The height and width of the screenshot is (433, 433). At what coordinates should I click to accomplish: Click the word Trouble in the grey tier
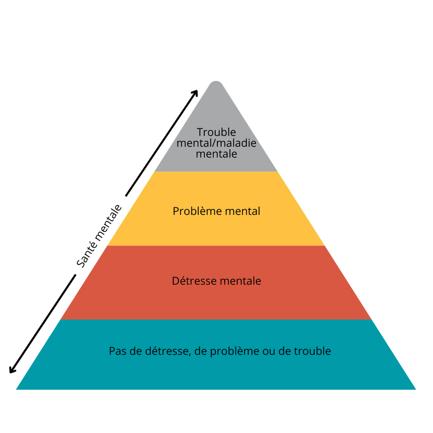pyautogui.click(x=216, y=132)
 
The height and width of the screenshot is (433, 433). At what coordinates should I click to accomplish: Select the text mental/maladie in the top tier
pyautogui.click(x=216, y=143)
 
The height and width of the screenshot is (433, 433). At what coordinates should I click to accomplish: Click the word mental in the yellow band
pyautogui.click(x=242, y=211)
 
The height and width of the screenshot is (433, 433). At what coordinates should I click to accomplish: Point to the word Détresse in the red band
pyautogui.click(x=194, y=281)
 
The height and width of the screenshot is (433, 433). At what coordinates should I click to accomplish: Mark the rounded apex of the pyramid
pyautogui.click(x=216, y=82)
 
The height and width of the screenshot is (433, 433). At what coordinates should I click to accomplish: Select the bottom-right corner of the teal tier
pyautogui.click(x=416, y=389)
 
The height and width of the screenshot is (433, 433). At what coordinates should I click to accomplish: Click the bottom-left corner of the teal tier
pyautogui.click(x=16, y=389)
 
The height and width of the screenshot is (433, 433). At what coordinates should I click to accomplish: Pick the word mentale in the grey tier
pyautogui.click(x=216, y=154)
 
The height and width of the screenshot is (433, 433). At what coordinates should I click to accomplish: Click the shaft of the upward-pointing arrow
pyautogui.click(x=161, y=143)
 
